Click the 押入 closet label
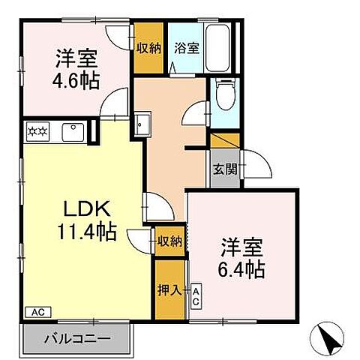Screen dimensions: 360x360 169,289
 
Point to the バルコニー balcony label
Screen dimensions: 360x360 76,339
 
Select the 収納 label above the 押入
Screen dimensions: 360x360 169,241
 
